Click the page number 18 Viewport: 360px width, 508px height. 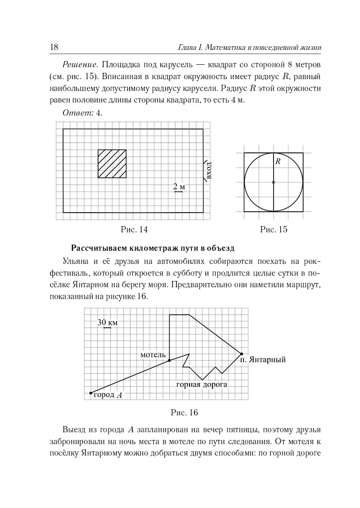pyautogui.click(x=50, y=47)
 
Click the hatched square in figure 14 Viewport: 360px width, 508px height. pyautogui.click(x=112, y=164)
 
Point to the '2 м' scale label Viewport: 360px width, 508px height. pyautogui.click(x=179, y=187)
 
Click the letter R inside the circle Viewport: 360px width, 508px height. pyautogui.click(x=278, y=161)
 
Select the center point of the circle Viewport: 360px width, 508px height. pyautogui.click(x=274, y=182)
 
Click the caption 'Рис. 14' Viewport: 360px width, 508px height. pyautogui.click(x=134, y=230)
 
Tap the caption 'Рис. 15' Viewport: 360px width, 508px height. pyautogui.click(x=274, y=230)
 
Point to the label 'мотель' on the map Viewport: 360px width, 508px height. pyautogui.click(x=153, y=354)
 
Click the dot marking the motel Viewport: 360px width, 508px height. pyautogui.click(x=169, y=361)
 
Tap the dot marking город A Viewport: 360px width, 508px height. pyautogui.click(x=91, y=392)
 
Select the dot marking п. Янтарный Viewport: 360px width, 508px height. pyautogui.click(x=241, y=354)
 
